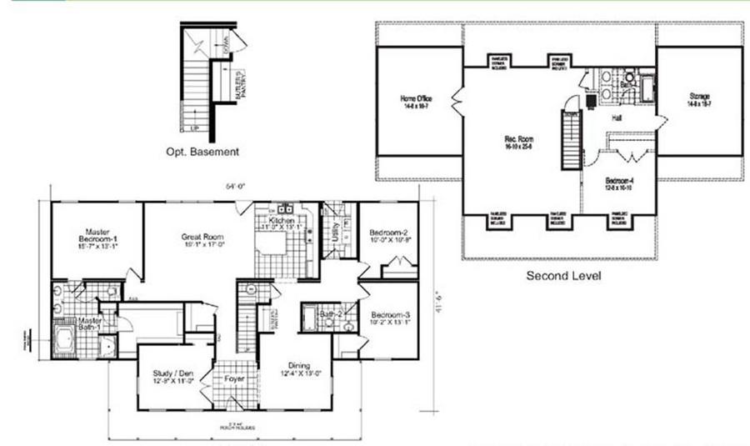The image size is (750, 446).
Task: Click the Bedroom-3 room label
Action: coord(390,318)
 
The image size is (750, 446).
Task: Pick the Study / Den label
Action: coord(173,377)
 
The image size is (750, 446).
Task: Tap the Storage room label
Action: coord(698,98)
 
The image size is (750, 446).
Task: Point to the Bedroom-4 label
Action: coord(618,185)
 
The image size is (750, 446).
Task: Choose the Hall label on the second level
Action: coord(617,119)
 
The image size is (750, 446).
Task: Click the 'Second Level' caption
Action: coord(563,274)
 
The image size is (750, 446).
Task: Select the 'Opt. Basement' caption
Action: coord(202,152)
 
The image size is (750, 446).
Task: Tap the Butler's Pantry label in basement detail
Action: coord(238,83)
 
